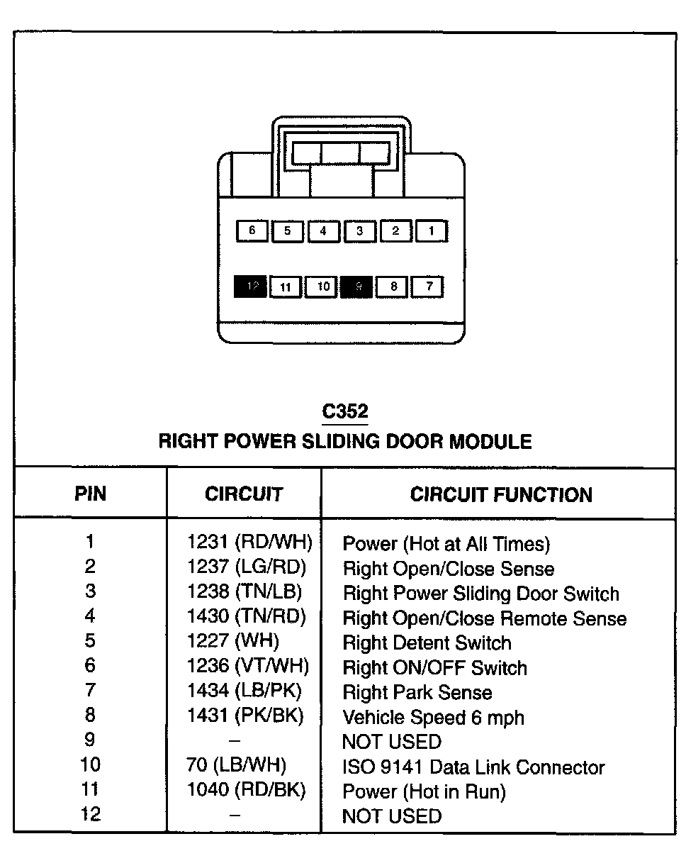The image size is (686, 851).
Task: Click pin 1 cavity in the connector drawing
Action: click(x=431, y=230)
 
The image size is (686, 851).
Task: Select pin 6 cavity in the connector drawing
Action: click(x=252, y=230)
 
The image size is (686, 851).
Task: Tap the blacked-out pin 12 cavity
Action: click(x=251, y=287)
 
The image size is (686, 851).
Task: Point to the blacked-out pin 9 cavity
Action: click(x=356, y=287)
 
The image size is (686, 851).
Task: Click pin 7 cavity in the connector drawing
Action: click(x=429, y=287)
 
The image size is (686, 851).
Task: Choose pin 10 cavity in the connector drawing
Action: click(x=322, y=287)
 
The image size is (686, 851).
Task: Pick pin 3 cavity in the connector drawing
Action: click(x=359, y=230)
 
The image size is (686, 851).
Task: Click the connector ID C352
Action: click(x=345, y=412)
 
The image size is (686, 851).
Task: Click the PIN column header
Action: click(x=90, y=494)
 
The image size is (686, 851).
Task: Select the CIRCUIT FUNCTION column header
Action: click(x=501, y=494)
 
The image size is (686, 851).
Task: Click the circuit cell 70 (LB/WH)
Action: click(x=237, y=765)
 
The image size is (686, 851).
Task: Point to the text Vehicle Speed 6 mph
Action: click(x=433, y=717)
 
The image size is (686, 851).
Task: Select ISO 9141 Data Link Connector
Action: click(x=473, y=767)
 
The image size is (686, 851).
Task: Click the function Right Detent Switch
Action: click(x=427, y=643)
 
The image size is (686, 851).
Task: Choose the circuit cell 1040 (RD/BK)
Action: click(x=246, y=790)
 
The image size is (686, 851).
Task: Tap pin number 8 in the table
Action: click(x=90, y=715)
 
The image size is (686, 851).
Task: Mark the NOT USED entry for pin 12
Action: click(x=391, y=816)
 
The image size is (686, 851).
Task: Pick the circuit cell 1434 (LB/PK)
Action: click(x=244, y=691)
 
